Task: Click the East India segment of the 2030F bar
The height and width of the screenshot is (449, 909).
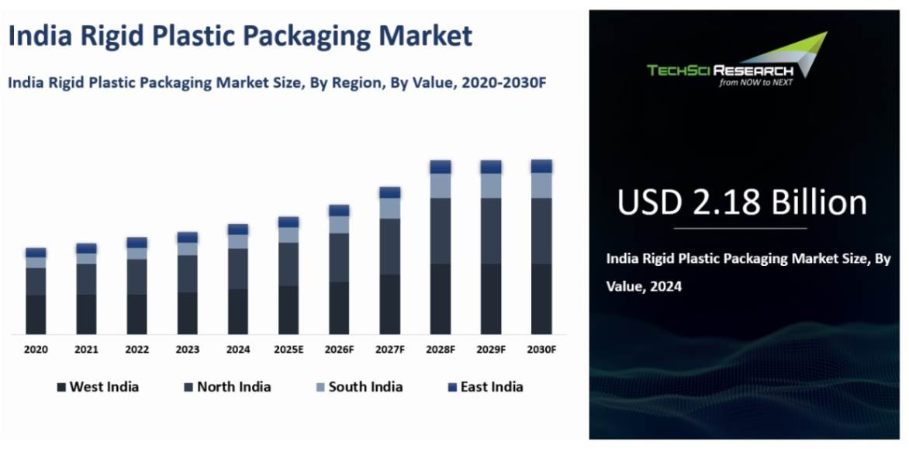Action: [541, 166]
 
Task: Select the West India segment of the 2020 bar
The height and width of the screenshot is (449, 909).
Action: [36, 314]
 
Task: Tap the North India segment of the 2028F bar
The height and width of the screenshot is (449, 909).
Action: [441, 230]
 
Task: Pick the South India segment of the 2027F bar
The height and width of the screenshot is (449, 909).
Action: [390, 208]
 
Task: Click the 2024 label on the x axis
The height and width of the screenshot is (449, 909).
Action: [238, 350]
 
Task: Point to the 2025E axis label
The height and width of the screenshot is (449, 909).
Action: [289, 350]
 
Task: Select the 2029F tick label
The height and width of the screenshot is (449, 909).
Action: [491, 350]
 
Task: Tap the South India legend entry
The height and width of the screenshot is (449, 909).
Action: [358, 386]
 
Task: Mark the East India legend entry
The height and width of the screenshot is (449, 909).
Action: [486, 386]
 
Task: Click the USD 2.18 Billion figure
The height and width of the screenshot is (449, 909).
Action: [741, 202]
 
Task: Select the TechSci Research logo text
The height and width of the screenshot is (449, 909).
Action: [720, 71]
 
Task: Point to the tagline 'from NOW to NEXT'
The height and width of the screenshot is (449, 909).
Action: [755, 83]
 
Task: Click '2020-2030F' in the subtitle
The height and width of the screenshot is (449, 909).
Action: [503, 82]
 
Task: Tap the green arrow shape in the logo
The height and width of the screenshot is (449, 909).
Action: [807, 50]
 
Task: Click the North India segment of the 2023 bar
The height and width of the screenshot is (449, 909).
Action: [188, 274]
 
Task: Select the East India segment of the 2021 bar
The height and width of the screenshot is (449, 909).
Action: [87, 248]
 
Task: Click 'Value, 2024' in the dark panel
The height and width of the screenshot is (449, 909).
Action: [644, 286]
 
